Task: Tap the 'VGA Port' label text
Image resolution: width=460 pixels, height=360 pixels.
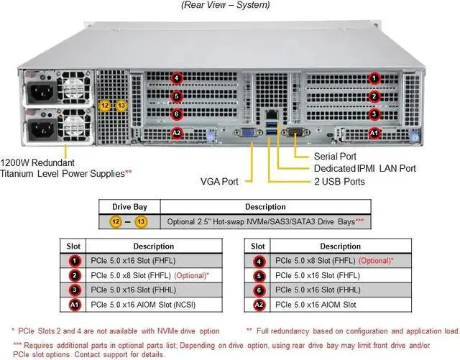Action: point(220,182)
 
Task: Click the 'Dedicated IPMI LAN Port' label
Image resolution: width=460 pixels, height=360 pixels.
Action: point(365,169)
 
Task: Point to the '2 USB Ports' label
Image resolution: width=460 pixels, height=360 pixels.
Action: point(340,182)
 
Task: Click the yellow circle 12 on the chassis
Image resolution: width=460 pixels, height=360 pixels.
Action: point(105,106)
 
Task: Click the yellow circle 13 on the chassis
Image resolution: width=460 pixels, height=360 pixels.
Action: point(121,106)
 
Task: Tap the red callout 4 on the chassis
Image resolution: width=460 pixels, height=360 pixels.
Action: point(176,78)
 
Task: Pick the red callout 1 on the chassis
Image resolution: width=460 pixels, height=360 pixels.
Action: point(374,78)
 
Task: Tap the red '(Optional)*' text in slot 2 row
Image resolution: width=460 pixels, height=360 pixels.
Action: point(195,275)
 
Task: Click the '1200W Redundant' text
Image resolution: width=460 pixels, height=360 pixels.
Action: point(37,162)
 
